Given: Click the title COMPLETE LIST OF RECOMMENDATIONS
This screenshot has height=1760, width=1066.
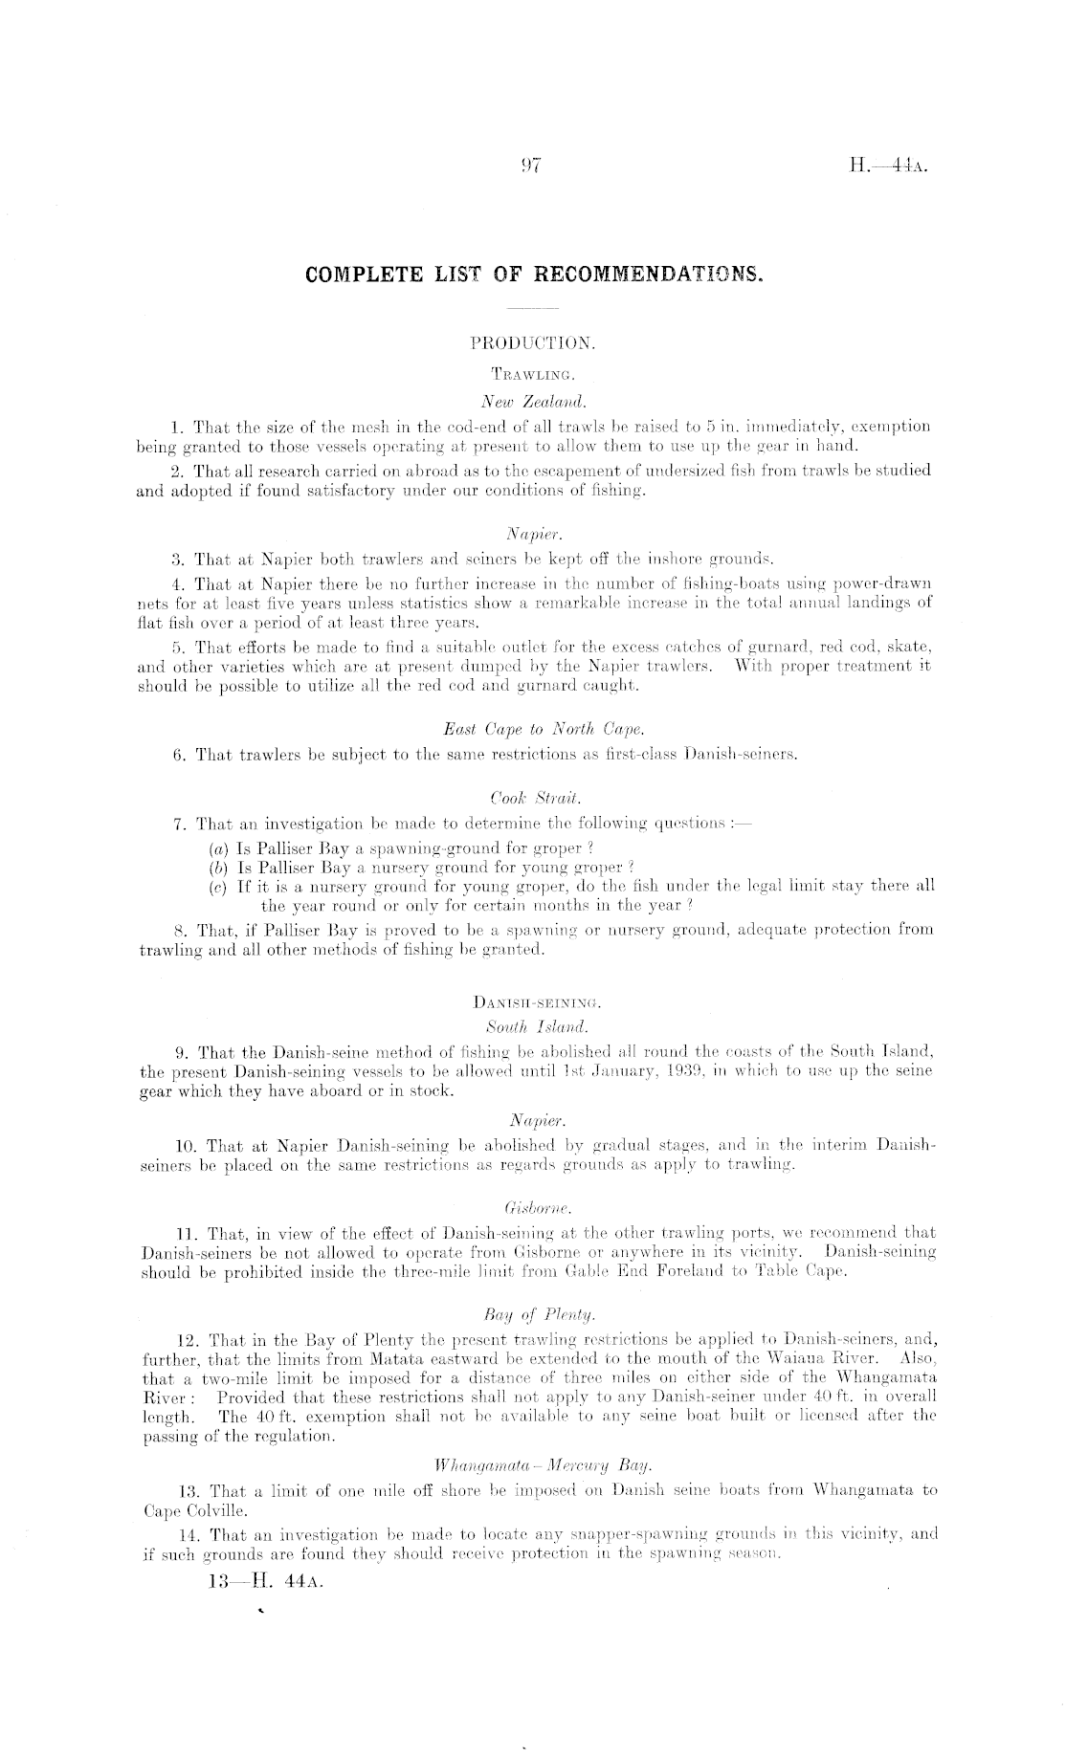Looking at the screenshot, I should click(534, 275).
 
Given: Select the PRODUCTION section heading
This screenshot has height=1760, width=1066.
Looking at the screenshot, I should click(533, 341).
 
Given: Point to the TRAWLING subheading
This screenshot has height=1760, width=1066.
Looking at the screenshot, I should click(533, 365).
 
